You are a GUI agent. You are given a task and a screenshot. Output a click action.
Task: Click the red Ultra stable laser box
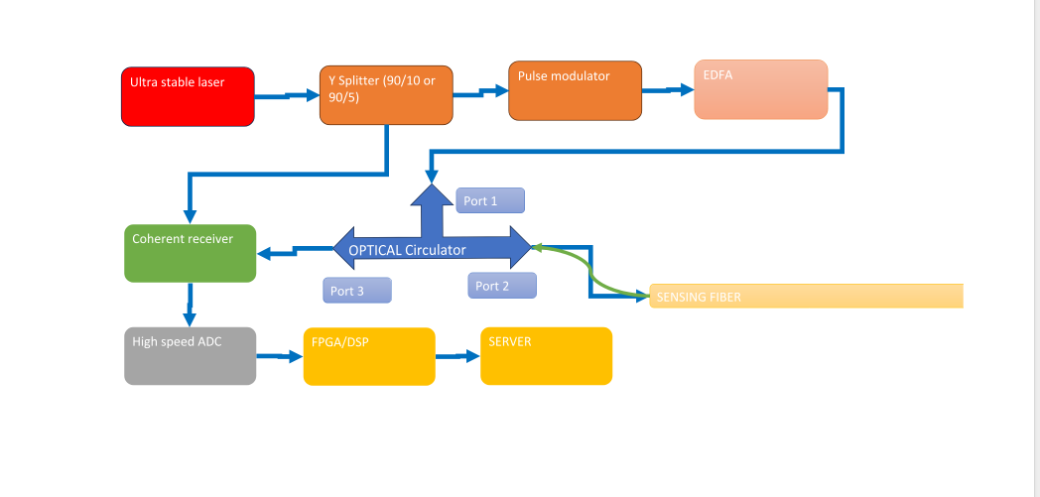[188, 96]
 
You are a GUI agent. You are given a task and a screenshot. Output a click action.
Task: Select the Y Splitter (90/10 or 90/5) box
[387, 95]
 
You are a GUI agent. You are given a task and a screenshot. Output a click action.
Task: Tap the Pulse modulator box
[575, 91]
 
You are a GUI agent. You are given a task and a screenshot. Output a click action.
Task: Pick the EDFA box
[761, 89]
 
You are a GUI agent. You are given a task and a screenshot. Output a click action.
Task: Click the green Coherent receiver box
[191, 253]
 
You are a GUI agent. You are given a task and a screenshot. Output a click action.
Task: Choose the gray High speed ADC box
[191, 356]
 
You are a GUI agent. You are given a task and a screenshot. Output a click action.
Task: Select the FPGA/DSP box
[369, 356]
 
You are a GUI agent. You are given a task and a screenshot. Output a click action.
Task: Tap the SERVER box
[547, 356]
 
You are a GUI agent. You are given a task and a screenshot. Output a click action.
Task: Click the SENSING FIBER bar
[806, 297]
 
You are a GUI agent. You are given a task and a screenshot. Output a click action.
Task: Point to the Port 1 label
[490, 200]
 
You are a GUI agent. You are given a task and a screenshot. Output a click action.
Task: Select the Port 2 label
[502, 286]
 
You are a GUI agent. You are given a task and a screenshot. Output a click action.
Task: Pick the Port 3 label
[357, 291]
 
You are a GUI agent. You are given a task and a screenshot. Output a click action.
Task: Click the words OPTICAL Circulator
[407, 250]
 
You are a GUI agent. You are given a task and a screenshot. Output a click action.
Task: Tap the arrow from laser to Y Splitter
[287, 96]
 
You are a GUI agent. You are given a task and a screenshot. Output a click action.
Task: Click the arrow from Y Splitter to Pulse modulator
[481, 93]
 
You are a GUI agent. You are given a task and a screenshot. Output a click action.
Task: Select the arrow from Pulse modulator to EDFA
[668, 90]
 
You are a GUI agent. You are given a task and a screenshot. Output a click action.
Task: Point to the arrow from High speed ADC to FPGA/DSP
[280, 356]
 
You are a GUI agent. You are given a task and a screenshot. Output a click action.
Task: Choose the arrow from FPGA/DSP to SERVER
[457, 356]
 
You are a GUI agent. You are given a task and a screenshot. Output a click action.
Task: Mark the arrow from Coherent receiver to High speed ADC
[191, 305]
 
